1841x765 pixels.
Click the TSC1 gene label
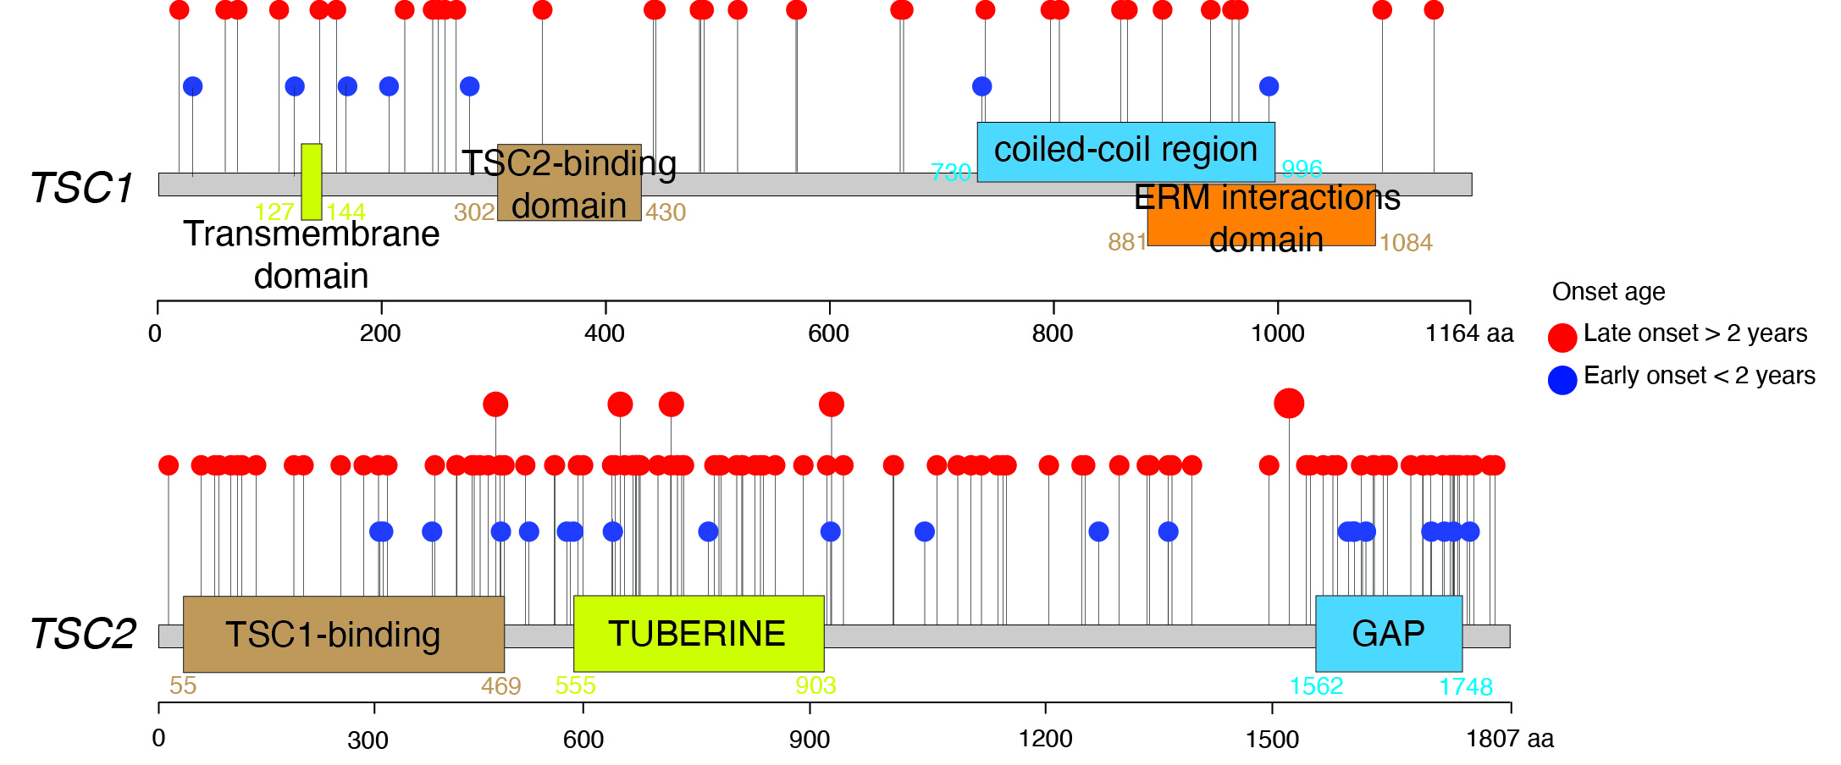pos(82,187)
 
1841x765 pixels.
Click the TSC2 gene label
pos(83,634)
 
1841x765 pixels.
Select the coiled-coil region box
pos(1125,151)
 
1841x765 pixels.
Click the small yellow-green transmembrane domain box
pos(312,181)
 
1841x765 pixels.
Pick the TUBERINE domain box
pos(698,634)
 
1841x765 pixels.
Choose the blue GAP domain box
pos(1389,634)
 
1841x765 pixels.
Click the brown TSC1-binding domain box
pos(343,634)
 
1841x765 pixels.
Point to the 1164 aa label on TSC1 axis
pos(1469,333)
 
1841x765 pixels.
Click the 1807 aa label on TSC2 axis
pos(1510,739)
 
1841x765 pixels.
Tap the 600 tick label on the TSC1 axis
pos(828,333)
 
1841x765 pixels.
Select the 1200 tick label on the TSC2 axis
pos(1046,739)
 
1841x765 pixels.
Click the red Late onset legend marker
pos(1562,337)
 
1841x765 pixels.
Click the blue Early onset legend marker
pos(1562,379)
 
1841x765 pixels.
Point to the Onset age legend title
pos(1608,292)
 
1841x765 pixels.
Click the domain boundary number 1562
pos(1316,686)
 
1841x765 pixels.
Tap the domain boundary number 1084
pos(1406,243)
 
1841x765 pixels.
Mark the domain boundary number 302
pos(474,212)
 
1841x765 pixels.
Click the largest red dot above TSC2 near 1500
pos(1289,404)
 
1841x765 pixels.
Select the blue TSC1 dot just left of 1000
pos(1269,86)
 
